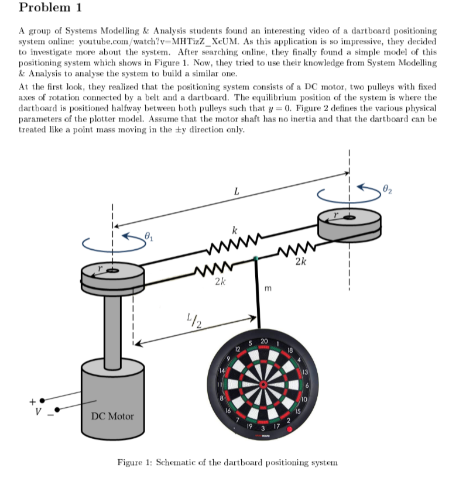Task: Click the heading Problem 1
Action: [50, 8]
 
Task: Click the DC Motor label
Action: [112, 416]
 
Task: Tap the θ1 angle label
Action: [148, 236]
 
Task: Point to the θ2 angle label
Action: [386, 188]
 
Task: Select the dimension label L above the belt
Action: [236, 191]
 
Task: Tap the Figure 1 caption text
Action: [227, 462]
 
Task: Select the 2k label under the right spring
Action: [301, 261]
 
